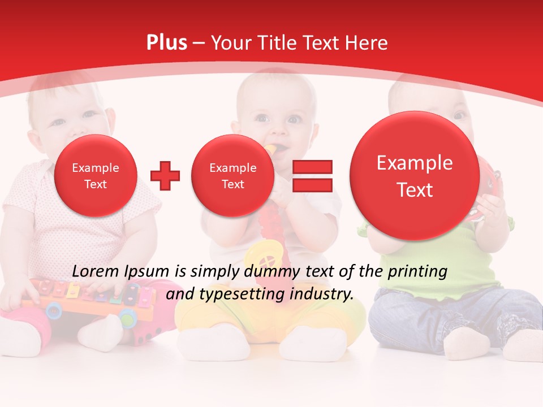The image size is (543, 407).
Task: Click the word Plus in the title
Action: tap(166, 43)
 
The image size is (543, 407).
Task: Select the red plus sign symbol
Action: tap(165, 176)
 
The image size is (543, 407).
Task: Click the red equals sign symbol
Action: tap(312, 175)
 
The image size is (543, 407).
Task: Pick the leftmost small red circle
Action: tap(95, 176)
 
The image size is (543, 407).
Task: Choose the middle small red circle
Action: tap(232, 176)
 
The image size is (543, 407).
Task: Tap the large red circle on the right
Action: tap(415, 176)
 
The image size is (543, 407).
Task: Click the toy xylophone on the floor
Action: tap(90, 297)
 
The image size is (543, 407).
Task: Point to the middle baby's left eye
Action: tap(294, 119)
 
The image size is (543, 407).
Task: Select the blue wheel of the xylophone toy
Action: tap(54, 309)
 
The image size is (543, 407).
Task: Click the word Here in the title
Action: tap(368, 43)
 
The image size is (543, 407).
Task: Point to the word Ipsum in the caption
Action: tap(148, 271)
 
